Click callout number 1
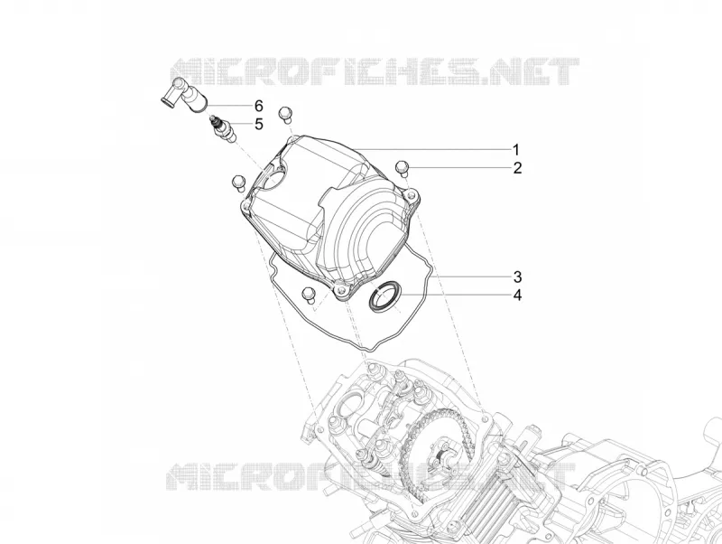[516, 150]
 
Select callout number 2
[517, 168]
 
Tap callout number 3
[517, 277]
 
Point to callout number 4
[517, 295]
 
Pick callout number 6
[259, 106]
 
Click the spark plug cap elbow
[185, 94]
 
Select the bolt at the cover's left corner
[238, 183]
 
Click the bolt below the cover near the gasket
[308, 295]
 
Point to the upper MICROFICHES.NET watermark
[375, 71]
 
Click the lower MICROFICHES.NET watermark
[371, 476]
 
